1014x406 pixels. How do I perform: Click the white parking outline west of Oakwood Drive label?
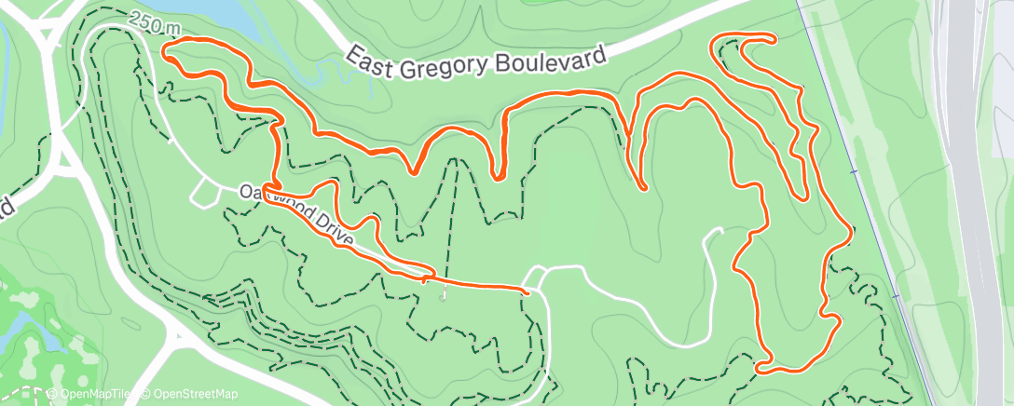click(204, 192)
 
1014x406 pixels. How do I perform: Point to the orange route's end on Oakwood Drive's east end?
click(528, 292)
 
